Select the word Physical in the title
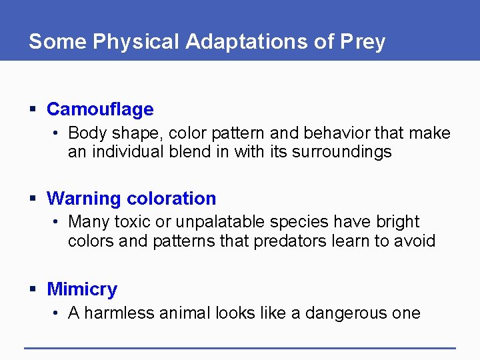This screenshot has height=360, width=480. coord(136,42)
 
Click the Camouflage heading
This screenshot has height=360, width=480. coord(100,109)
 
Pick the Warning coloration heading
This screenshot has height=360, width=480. coord(131,199)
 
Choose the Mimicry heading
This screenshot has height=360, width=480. coord(82,289)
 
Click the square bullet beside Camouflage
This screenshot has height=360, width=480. coord(33,109)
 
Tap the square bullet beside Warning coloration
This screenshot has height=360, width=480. coord(33,199)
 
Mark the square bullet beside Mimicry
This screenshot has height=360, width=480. coord(33,289)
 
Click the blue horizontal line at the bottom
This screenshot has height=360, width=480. coord(240,347)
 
